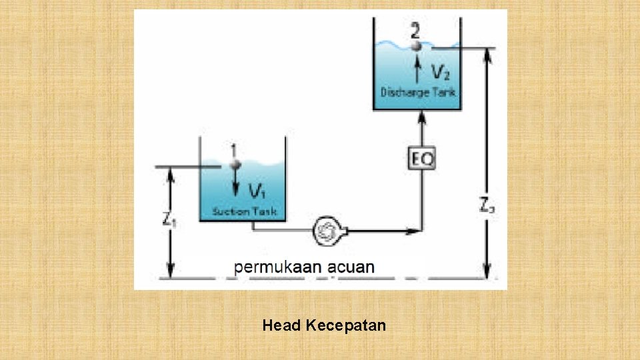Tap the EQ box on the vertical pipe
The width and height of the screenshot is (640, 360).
[x=421, y=159]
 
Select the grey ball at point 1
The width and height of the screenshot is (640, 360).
[x=234, y=163]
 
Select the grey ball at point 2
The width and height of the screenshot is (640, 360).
[x=416, y=46]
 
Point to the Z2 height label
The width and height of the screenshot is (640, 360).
[x=487, y=204]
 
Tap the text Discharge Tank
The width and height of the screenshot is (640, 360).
[x=418, y=92]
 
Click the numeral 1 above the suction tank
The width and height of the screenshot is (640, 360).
[x=233, y=149]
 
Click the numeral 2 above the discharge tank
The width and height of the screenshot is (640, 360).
[x=416, y=31]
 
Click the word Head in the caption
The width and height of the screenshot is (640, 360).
[x=282, y=325]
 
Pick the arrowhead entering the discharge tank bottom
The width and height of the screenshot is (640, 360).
[x=421, y=117]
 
